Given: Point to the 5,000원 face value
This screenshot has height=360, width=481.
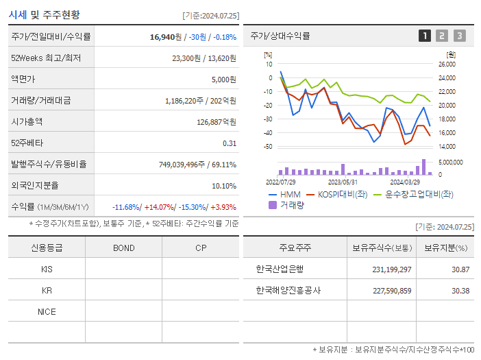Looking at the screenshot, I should coord(223,80).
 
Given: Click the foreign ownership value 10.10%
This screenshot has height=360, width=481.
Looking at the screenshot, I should coord(224,186).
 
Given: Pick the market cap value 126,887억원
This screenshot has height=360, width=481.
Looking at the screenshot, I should coord(216,122).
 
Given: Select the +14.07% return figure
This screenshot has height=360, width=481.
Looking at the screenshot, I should coord(160,207).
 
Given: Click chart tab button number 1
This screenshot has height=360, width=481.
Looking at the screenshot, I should coord(425,36).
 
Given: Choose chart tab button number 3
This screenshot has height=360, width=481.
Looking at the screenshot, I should coord(459,36).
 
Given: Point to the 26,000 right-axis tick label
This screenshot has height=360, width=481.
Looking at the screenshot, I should coord(446,64).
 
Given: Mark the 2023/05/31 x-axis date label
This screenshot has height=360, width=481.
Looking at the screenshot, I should coord(343,182).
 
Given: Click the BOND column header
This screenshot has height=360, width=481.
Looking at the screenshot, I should coord(124,248).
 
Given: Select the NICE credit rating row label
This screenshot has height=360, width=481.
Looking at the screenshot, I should coord(47,311).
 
